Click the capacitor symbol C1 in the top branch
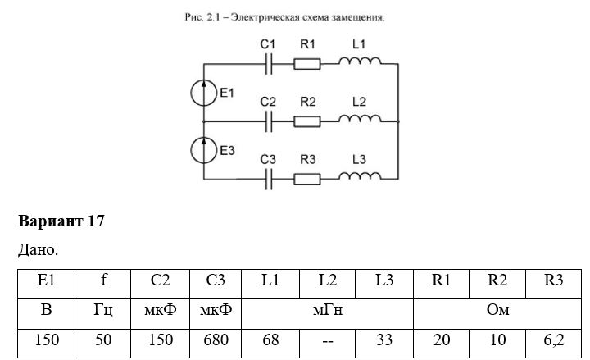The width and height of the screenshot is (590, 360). (x=269, y=64)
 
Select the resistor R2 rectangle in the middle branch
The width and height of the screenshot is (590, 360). (x=307, y=121)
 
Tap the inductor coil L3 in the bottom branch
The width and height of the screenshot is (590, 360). (x=360, y=175)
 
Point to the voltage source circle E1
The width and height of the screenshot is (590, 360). (x=203, y=93)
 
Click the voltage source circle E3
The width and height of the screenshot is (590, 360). (x=203, y=150)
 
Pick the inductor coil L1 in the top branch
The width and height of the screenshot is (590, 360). (x=360, y=61)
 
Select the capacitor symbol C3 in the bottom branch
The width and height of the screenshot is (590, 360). (x=269, y=180)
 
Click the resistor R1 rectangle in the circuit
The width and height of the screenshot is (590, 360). (x=307, y=64)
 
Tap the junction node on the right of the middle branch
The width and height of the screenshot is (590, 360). (x=398, y=121)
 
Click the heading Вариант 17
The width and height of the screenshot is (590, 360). (x=61, y=221)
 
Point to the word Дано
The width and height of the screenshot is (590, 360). (x=38, y=249)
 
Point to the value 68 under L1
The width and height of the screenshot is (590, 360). (x=270, y=339)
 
